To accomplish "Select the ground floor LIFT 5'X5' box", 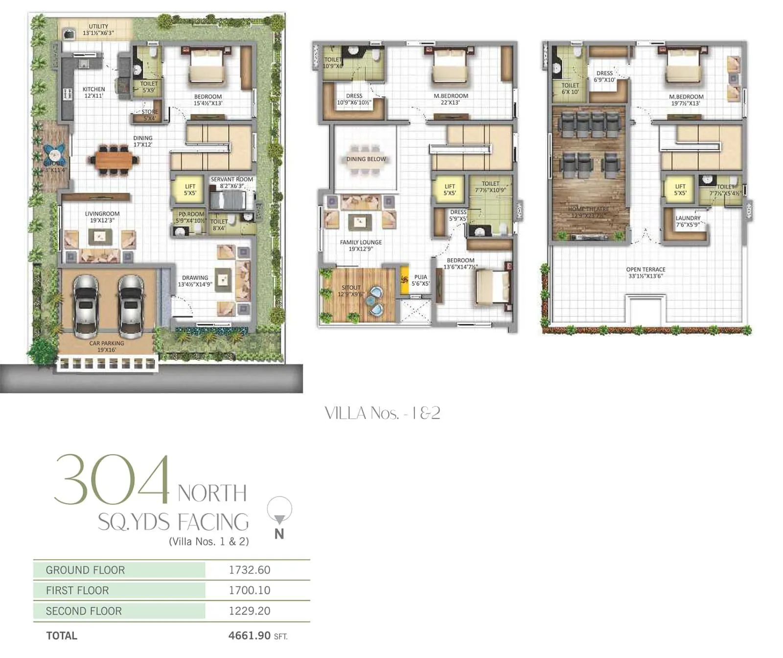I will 190,190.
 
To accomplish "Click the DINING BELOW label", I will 366,159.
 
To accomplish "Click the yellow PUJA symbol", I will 405,280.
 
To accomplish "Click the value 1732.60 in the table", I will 250,570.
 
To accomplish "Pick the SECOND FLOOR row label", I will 84,611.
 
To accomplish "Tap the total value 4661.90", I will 250,635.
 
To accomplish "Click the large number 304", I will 112,480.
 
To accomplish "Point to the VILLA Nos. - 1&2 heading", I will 383,413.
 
